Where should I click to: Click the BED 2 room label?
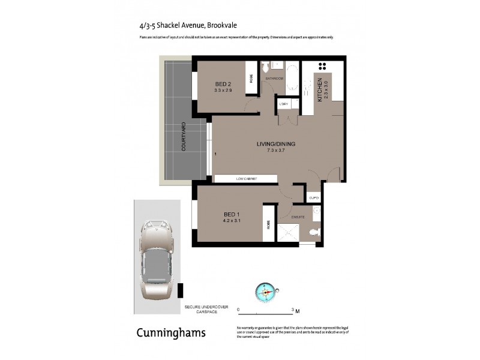223,83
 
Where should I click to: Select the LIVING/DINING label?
276,144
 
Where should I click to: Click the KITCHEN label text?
320,89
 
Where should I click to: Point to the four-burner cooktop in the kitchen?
322,66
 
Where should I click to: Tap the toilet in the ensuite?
314,231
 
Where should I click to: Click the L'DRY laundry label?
284,104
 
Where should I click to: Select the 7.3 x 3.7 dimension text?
276,151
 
